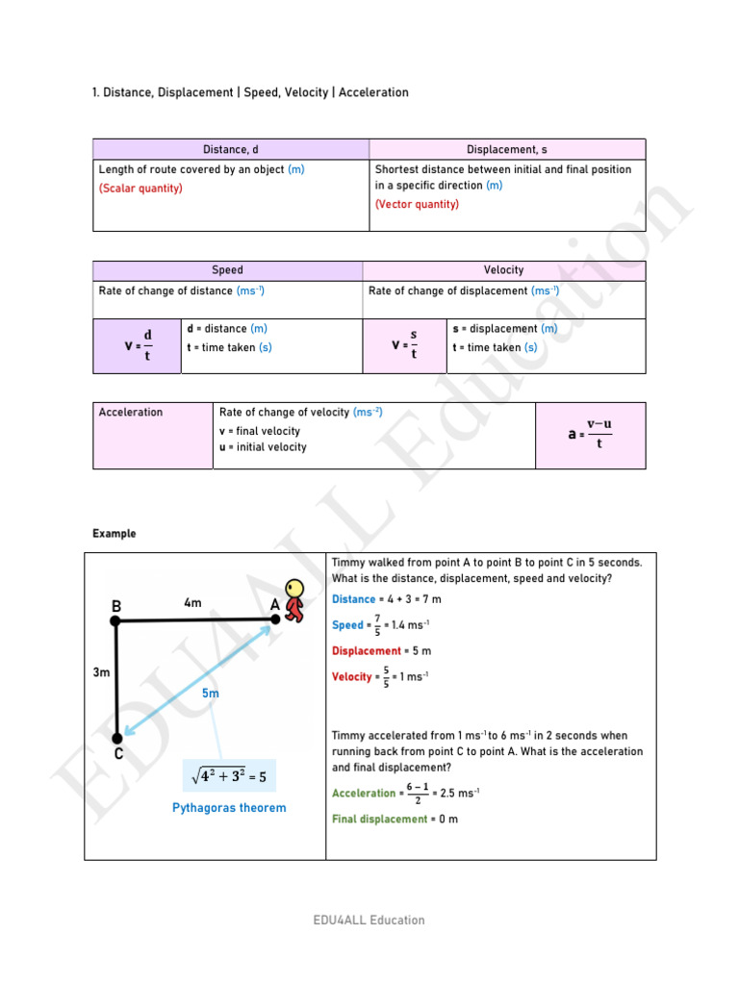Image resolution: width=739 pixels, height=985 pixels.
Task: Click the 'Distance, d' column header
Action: (231, 149)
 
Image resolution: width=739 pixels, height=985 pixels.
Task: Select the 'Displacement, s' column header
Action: (507, 149)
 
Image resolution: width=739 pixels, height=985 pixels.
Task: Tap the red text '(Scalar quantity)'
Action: (140, 189)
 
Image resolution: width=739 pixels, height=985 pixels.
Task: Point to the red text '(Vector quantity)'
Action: (417, 205)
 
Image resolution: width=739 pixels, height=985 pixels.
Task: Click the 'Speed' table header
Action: (227, 270)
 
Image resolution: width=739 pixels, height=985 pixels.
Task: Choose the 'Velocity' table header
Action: (503, 270)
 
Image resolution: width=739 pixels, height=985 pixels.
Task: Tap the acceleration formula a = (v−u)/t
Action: (590, 434)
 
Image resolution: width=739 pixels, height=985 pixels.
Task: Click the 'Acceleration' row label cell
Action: (131, 413)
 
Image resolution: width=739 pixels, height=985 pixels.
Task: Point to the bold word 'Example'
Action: (115, 534)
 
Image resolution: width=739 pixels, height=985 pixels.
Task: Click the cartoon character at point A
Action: (293, 599)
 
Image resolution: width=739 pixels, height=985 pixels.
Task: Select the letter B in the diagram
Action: (116, 607)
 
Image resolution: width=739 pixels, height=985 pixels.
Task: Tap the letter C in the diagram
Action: (119, 755)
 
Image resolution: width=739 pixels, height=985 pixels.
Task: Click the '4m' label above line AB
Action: (192, 603)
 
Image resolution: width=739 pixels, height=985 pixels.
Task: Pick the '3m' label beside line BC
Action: (101, 674)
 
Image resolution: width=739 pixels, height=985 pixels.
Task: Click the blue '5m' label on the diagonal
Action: (211, 694)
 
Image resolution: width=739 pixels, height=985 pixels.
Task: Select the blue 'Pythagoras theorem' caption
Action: (229, 808)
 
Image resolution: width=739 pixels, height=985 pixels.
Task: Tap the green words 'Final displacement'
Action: (379, 820)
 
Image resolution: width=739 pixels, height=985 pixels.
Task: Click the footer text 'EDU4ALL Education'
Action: (369, 921)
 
